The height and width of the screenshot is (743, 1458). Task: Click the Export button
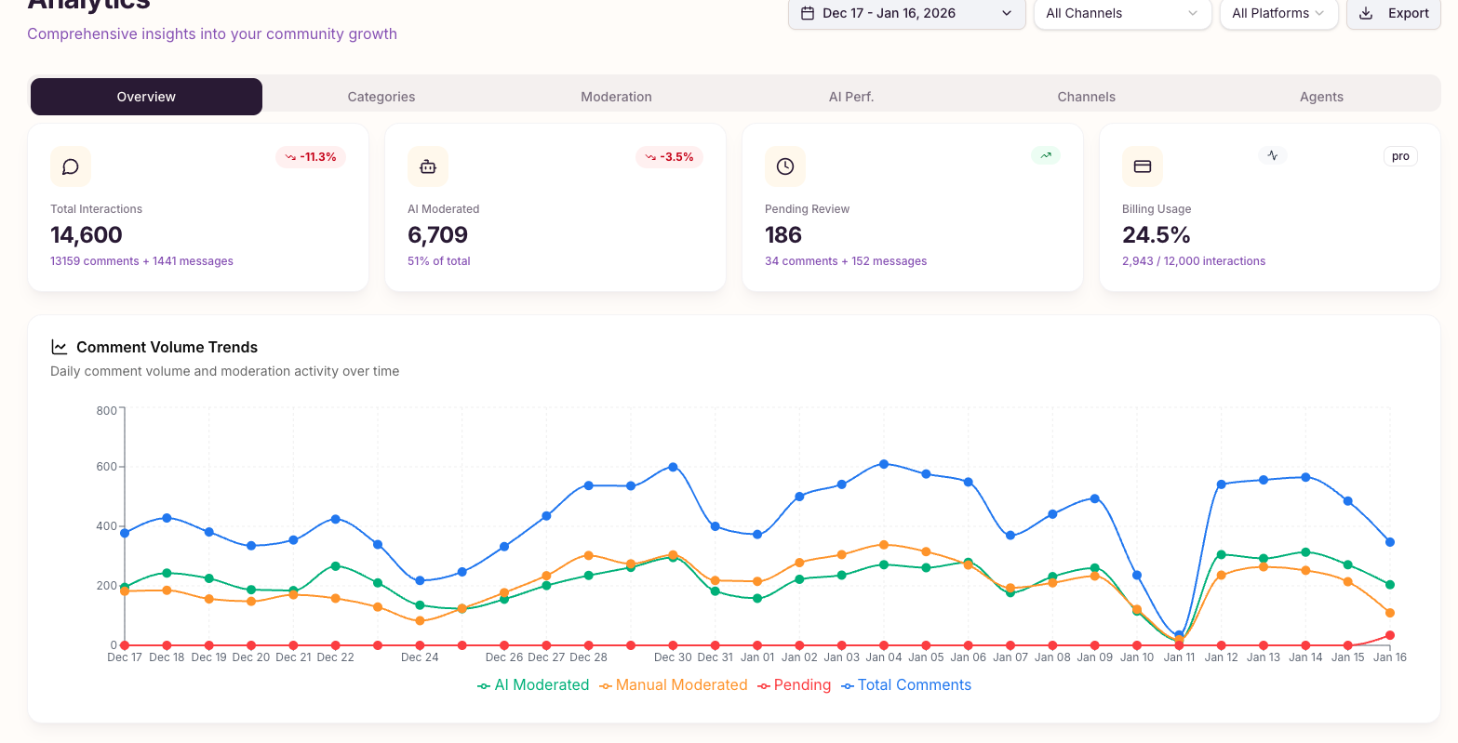click(x=1393, y=13)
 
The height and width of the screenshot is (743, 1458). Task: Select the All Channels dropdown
click(x=1121, y=13)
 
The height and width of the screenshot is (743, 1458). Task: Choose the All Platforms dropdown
click(x=1277, y=13)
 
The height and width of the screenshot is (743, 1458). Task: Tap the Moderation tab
click(x=616, y=97)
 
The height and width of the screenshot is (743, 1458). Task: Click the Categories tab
click(x=381, y=97)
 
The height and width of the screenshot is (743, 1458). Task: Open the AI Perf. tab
click(x=851, y=97)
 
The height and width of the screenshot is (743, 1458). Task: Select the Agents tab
click(x=1321, y=97)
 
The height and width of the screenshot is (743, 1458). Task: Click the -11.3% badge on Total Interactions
click(x=311, y=157)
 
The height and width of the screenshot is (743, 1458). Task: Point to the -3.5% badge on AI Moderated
click(x=669, y=157)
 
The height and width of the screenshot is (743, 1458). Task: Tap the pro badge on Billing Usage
click(x=1400, y=156)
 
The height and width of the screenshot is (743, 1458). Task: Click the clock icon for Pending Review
click(x=785, y=166)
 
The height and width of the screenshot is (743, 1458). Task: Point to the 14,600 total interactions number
click(x=87, y=235)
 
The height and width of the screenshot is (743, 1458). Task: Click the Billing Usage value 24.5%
click(x=1157, y=235)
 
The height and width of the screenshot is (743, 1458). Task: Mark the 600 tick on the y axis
click(x=106, y=467)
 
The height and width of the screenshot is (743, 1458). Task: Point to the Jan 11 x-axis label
click(x=1179, y=657)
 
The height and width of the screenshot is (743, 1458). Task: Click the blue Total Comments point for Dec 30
click(x=673, y=467)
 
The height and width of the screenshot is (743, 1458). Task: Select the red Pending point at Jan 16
click(x=1390, y=635)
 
